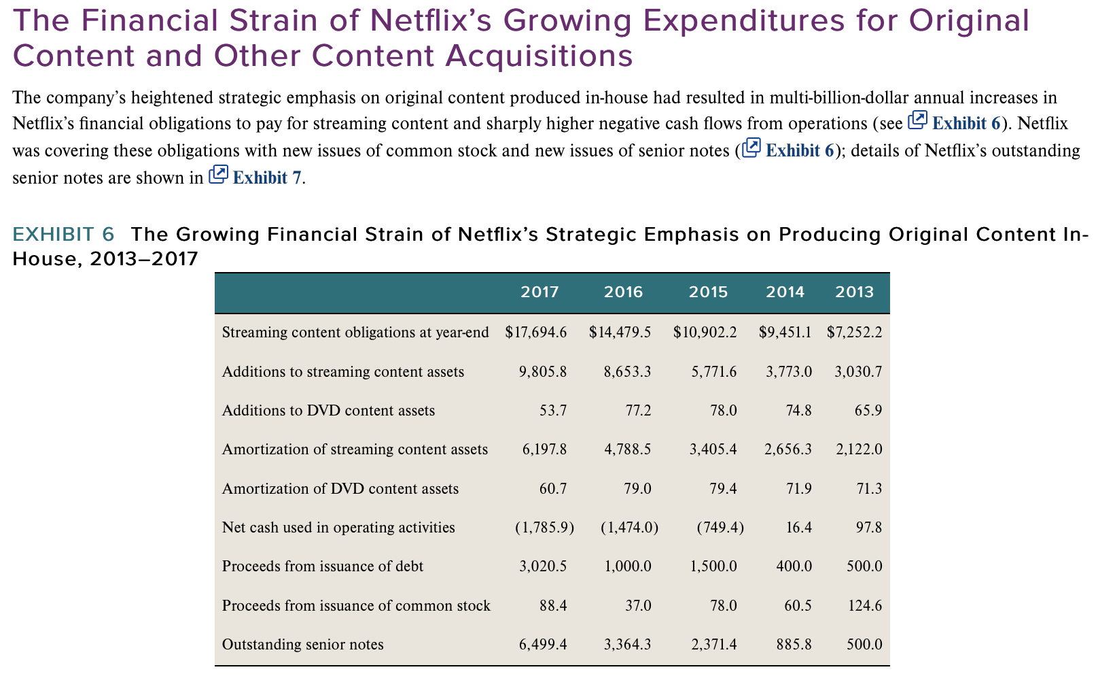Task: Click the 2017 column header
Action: pyautogui.click(x=539, y=292)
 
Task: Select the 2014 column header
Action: pyautogui.click(x=785, y=292)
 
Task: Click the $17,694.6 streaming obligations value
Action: pyautogui.click(x=536, y=332)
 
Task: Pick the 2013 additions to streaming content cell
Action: pyautogui.click(x=858, y=371)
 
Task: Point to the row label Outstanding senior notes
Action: pyautogui.click(x=302, y=644)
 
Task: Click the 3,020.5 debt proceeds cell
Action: pyautogui.click(x=543, y=566)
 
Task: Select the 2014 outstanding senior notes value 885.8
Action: pyautogui.click(x=794, y=644)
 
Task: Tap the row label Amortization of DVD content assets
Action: pyautogui.click(x=340, y=488)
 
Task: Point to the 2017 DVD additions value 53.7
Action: pyautogui.click(x=553, y=410)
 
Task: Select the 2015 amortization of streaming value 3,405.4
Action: pyautogui.click(x=713, y=449)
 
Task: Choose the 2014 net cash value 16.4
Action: pyautogui.click(x=798, y=527)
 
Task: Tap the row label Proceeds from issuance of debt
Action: pyautogui.click(x=322, y=566)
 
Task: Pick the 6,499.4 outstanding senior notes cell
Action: pyautogui.click(x=543, y=644)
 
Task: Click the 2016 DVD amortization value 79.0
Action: pyautogui.click(x=637, y=488)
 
